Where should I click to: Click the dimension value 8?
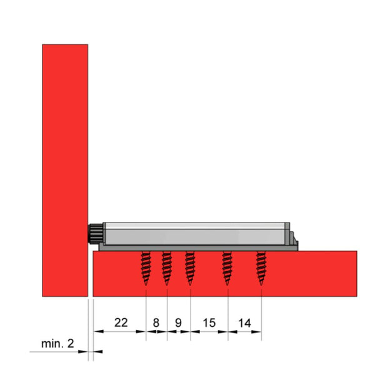coord(156,322)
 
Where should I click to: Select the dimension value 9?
coord(178,322)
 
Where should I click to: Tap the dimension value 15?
coord(209,322)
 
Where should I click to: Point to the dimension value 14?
coord(244,322)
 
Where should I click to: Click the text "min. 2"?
coord(57,343)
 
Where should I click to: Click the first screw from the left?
coord(146,267)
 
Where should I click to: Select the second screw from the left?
coord(167,267)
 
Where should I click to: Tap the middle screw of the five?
coord(190,267)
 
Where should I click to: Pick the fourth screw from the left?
coord(227,267)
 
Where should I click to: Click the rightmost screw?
coord(261,267)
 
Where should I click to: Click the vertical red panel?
coord(64,169)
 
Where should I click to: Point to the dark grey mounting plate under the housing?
coord(194,247)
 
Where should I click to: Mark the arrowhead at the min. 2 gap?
coord(83,352)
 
